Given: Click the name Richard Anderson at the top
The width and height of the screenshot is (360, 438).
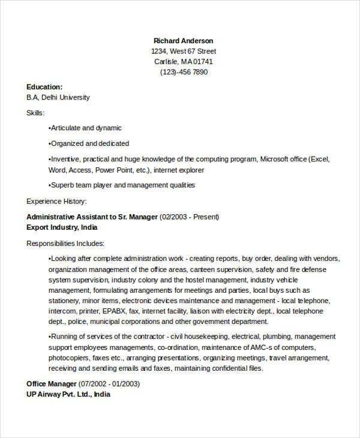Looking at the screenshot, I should [183, 41].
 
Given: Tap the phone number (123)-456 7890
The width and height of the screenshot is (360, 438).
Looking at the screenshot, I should [183, 72].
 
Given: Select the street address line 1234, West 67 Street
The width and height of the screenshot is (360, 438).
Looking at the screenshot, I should [183, 52].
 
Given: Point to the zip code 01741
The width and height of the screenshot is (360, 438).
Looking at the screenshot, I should [202, 62].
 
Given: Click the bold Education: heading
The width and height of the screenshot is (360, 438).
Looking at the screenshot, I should [44, 87].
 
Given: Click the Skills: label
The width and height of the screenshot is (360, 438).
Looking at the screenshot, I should [35, 113].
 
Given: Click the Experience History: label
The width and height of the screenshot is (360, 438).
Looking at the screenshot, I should [57, 201].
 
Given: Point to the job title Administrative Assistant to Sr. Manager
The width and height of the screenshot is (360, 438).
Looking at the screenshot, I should [92, 217].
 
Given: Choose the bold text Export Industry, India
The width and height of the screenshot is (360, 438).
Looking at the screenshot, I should [62, 227].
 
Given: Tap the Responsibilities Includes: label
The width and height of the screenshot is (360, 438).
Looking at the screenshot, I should [65, 244].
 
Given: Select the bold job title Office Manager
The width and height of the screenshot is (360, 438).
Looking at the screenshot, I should [52, 384].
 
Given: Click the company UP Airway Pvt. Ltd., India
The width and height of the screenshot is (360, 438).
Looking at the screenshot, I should [68, 394].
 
